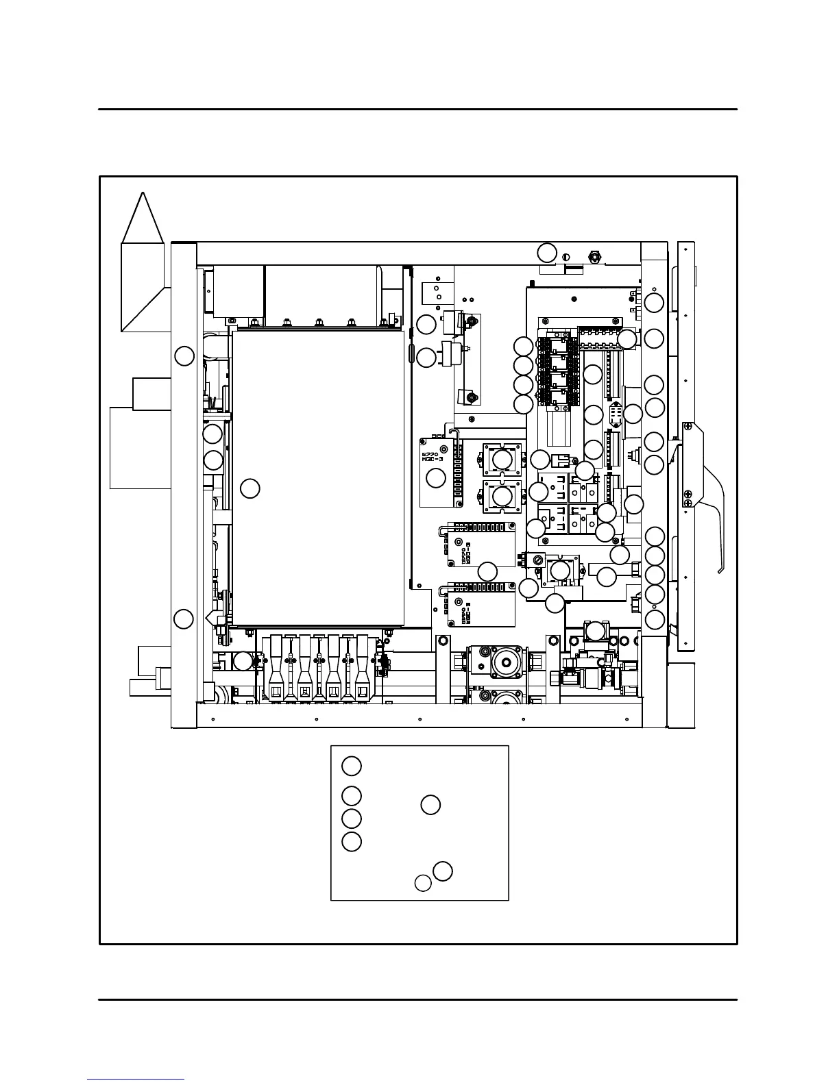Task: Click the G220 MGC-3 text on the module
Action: [431, 456]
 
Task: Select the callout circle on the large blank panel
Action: [250, 488]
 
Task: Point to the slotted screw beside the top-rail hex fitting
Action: [566, 258]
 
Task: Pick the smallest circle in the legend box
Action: [423, 884]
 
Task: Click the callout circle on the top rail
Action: [546, 252]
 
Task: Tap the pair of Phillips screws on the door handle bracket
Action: [687, 497]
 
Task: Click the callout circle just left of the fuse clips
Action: [243, 661]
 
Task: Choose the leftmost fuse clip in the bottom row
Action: [276, 675]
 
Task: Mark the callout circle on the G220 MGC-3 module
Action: [436, 477]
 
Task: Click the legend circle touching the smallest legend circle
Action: [443, 871]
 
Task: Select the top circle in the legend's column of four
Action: [352, 766]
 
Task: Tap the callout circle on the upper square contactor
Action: [502, 460]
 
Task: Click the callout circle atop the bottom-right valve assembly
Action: [596, 631]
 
